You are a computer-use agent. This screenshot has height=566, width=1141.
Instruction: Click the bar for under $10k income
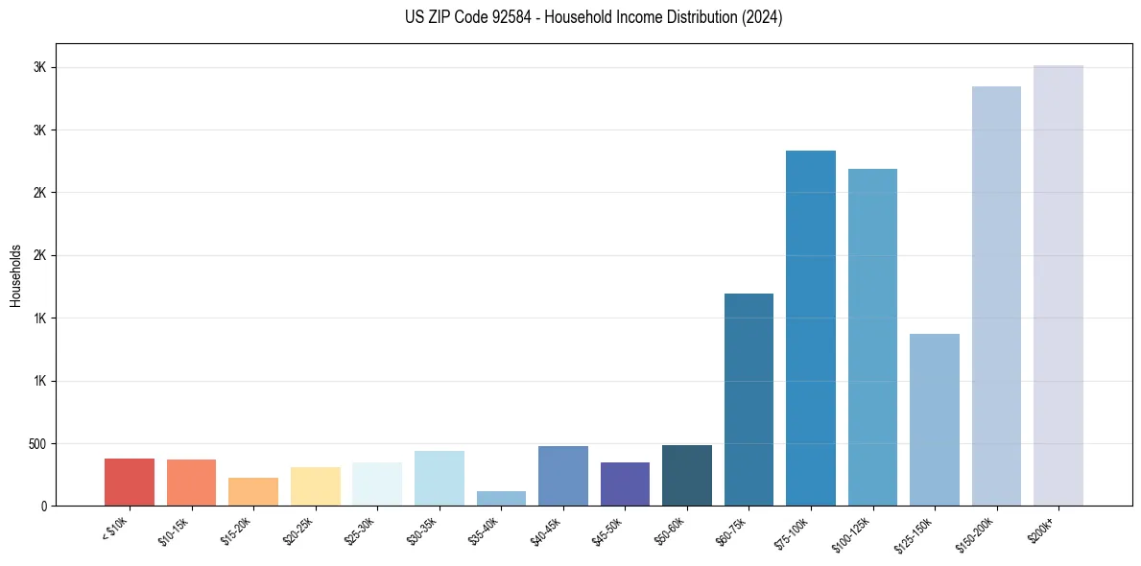click(x=130, y=483)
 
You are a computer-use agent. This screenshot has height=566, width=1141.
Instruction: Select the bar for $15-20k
click(x=253, y=492)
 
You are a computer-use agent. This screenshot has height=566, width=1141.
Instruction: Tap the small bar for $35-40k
click(x=501, y=499)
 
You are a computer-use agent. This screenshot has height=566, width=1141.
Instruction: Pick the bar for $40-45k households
click(x=563, y=477)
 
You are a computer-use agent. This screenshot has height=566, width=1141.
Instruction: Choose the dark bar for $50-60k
click(x=687, y=476)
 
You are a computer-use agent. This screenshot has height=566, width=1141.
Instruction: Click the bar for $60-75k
click(x=749, y=400)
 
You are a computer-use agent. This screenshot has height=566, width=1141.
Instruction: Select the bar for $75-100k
click(x=811, y=328)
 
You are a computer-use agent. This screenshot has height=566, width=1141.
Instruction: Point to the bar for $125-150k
click(x=935, y=420)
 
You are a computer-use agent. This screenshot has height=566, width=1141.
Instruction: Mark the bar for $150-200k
click(x=996, y=296)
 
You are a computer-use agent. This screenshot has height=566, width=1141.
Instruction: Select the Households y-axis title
click(x=16, y=275)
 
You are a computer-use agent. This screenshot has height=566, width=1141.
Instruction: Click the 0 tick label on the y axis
click(x=44, y=507)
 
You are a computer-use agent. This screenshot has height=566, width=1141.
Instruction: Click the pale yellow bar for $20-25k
click(x=316, y=486)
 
